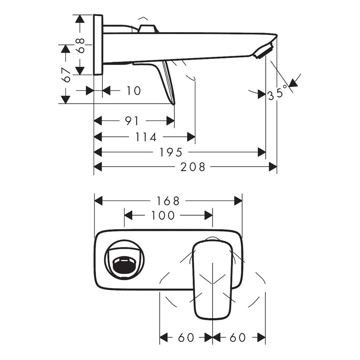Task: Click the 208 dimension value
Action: tap(193, 167)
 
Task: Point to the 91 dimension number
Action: tap(132, 121)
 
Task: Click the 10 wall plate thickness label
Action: tap(133, 91)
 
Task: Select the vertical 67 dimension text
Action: tap(66, 75)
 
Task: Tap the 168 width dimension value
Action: tap(168, 200)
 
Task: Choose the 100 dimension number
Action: tap(163, 216)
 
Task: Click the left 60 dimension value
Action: tap(186, 338)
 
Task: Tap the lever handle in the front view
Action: tap(212, 280)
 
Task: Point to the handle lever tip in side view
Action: tap(173, 102)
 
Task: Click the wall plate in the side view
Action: tap(98, 45)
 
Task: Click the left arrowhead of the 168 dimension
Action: tap(98, 200)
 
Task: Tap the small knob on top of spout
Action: tap(147, 29)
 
